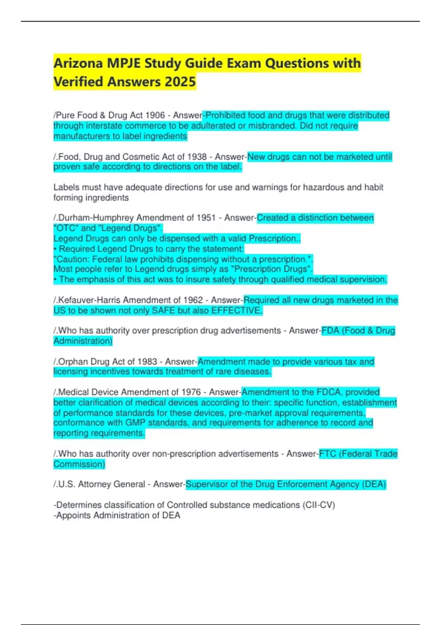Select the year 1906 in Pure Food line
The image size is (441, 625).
[x=155, y=115]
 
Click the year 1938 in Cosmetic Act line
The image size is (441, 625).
[x=197, y=157]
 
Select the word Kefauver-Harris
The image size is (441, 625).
[x=94, y=300]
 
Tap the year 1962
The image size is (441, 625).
[x=193, y=300]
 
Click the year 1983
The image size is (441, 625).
[x=147, y=362]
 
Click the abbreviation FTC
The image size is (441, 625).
[x=327, y=454]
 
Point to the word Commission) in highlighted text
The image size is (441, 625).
[x=79, y=464]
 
